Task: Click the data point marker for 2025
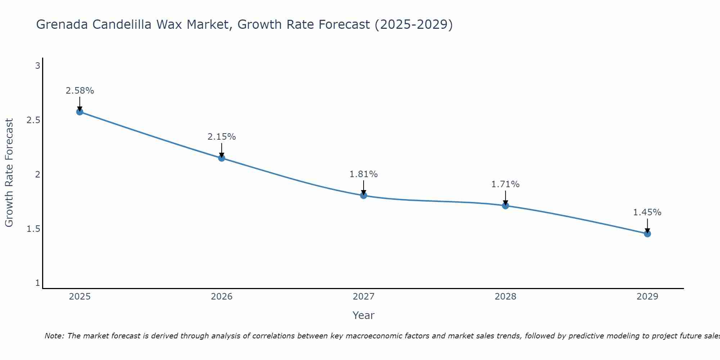coord(80,112)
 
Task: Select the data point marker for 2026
coord(221,158)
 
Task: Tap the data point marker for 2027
coord(363,195)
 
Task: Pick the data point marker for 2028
coord(505,206)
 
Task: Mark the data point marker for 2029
coord(647,234)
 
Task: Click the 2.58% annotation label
coord(80,91)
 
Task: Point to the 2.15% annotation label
coord(221,137)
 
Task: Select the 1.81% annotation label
coord(363,174)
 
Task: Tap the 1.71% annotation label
coord(505,184)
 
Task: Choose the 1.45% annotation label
coord(647,212)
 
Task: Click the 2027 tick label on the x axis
coord(363,297)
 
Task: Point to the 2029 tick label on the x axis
coord(647,297)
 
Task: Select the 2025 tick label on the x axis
coord(80,297)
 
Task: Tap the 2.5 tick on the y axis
coord(33,120)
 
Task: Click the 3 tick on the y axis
coord(37,66)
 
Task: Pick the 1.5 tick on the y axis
coord(33,229)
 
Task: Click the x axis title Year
coord(363,315)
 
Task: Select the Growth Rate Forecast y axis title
coord(9,172)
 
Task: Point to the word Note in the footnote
coord(54,336)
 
